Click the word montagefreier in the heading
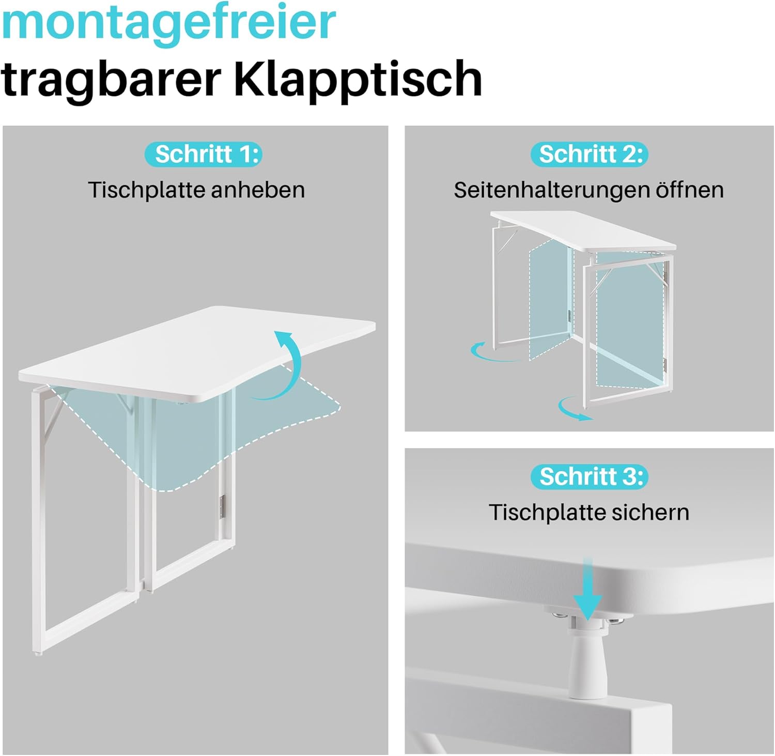click(x=168, y=25)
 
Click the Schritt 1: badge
click(x=204, y=155)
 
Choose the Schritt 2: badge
click(x=589, y=155)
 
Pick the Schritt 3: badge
click(x=589, y=476)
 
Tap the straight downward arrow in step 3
click(x=587, y=589)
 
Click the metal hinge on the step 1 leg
click(x=223, y=506)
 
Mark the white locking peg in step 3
click(x=587, y=656)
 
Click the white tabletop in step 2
click(x=583, y=230)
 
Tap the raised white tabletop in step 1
click(x=197, y=354)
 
